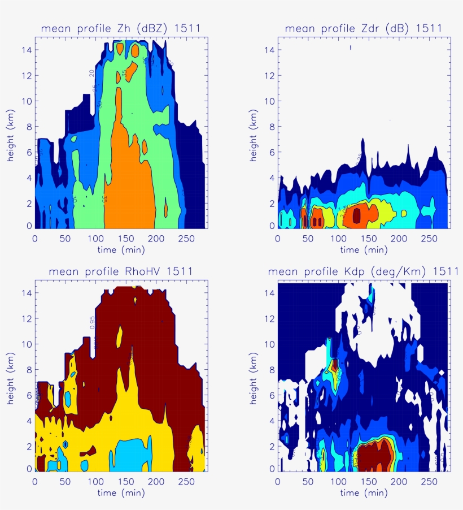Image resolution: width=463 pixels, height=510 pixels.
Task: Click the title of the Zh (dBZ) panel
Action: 120,28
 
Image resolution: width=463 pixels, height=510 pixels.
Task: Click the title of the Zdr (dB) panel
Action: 363,28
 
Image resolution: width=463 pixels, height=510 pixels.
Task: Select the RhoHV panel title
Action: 121,271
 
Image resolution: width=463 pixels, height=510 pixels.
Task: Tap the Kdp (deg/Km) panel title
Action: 363,271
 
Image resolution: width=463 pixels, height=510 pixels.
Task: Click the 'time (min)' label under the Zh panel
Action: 120,249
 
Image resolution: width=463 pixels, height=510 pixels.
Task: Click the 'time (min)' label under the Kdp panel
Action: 363,492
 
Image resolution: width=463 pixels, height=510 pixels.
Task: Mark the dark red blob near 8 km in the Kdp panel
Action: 335,365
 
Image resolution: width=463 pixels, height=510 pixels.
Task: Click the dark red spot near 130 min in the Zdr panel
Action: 356,215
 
